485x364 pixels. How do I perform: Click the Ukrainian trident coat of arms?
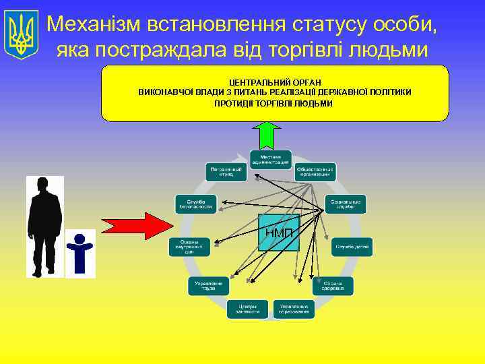click(22, 34)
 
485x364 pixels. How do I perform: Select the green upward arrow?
click(269, 135)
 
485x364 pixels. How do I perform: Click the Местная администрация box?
click(271, 160)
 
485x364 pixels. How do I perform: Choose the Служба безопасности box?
click(195, 204)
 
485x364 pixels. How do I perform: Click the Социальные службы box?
click(345, 204)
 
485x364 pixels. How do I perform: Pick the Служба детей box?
click(352, 247)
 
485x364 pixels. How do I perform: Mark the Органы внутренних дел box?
click(189, 247)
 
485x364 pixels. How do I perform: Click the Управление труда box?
click(208, 286)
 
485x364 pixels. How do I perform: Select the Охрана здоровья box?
click(333, 286)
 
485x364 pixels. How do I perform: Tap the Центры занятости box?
click(247, 309)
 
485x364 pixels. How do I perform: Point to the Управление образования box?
click(294, 309)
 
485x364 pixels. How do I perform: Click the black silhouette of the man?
click(44, 226)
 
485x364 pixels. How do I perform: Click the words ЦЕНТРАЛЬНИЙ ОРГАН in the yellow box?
click(275, 81)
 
